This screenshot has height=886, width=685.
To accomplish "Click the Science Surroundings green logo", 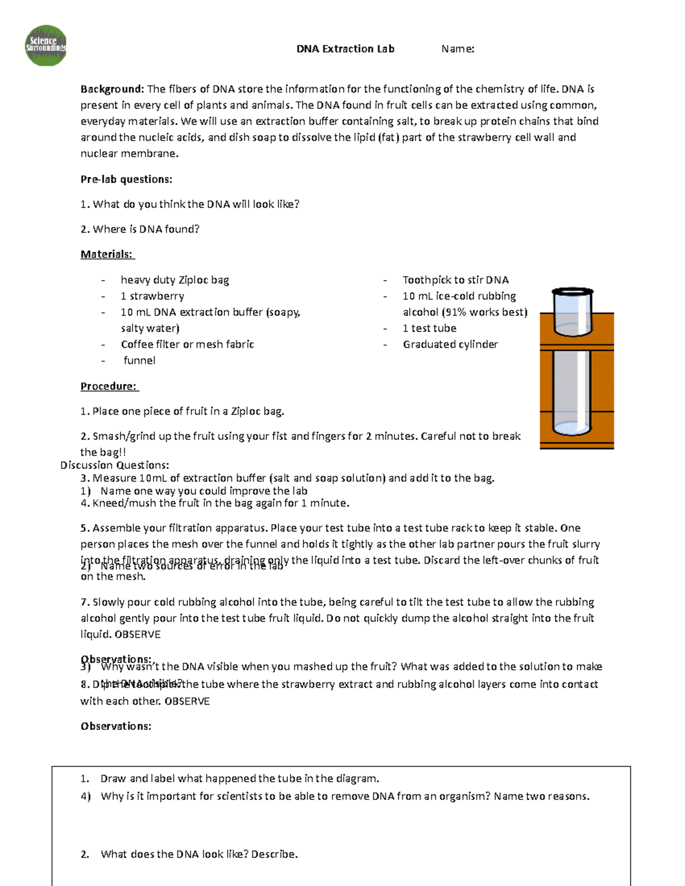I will (46, 46).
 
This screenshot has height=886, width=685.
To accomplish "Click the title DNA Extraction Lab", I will (345, 49).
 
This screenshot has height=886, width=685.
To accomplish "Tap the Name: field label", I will (458, 49).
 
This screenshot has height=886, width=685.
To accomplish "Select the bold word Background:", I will (112, 89).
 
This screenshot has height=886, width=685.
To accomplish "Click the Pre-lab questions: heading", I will (126, 179).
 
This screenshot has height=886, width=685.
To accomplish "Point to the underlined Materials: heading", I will (107, 254).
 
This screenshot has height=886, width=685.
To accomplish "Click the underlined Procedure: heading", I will (109, 386).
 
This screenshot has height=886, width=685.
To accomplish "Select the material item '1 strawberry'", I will (152, 296).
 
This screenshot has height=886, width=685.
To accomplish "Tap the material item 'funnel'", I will (139, 361).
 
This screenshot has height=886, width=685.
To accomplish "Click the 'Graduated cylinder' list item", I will (450, 345).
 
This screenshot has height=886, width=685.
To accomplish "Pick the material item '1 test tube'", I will (429, 329).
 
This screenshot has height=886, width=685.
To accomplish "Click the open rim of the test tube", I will (573, 292).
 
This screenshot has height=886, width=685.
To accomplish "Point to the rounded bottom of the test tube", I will (572, 428).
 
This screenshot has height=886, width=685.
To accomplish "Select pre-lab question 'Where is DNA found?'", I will (146, 229).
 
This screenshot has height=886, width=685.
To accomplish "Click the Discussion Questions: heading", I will (115, 465).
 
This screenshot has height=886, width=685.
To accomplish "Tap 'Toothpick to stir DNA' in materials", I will (456, 280).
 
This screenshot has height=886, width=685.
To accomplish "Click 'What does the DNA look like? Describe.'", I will (199, 854).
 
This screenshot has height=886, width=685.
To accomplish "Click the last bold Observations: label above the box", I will (116, 726).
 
